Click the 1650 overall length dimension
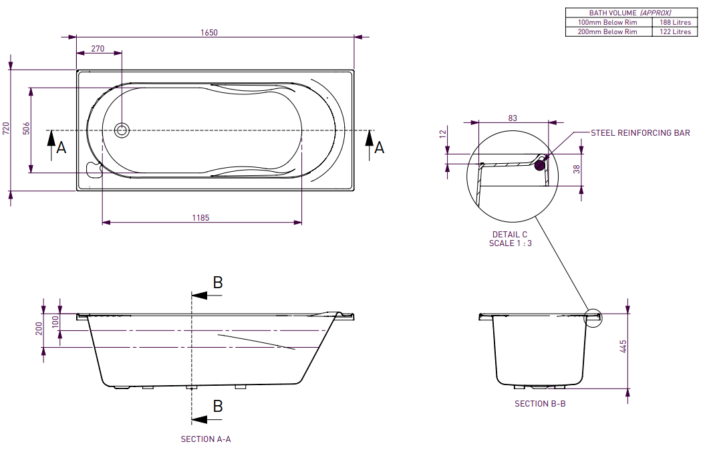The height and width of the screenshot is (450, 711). pos(209,33)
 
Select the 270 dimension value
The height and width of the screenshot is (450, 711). pos(98,48)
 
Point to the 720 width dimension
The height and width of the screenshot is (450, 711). pos(6,128)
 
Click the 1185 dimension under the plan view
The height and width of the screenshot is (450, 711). pos(200,218)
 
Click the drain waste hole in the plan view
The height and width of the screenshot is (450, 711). pos(122,130)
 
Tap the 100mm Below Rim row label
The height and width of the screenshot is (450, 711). pos(607,22)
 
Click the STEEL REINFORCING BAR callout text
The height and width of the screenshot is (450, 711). pos(640,133)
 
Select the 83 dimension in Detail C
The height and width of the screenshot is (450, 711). pos(513,118)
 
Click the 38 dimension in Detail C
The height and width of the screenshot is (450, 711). pos(576,170)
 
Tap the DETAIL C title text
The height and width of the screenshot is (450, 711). pos(510,235)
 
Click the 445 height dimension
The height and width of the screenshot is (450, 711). pos(623,346)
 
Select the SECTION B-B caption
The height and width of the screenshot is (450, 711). pos(540,404)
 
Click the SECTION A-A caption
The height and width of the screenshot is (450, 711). pos(206,439)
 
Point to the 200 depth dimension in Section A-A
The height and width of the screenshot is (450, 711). pos(39,328)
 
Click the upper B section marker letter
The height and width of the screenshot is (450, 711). pos(217,282)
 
